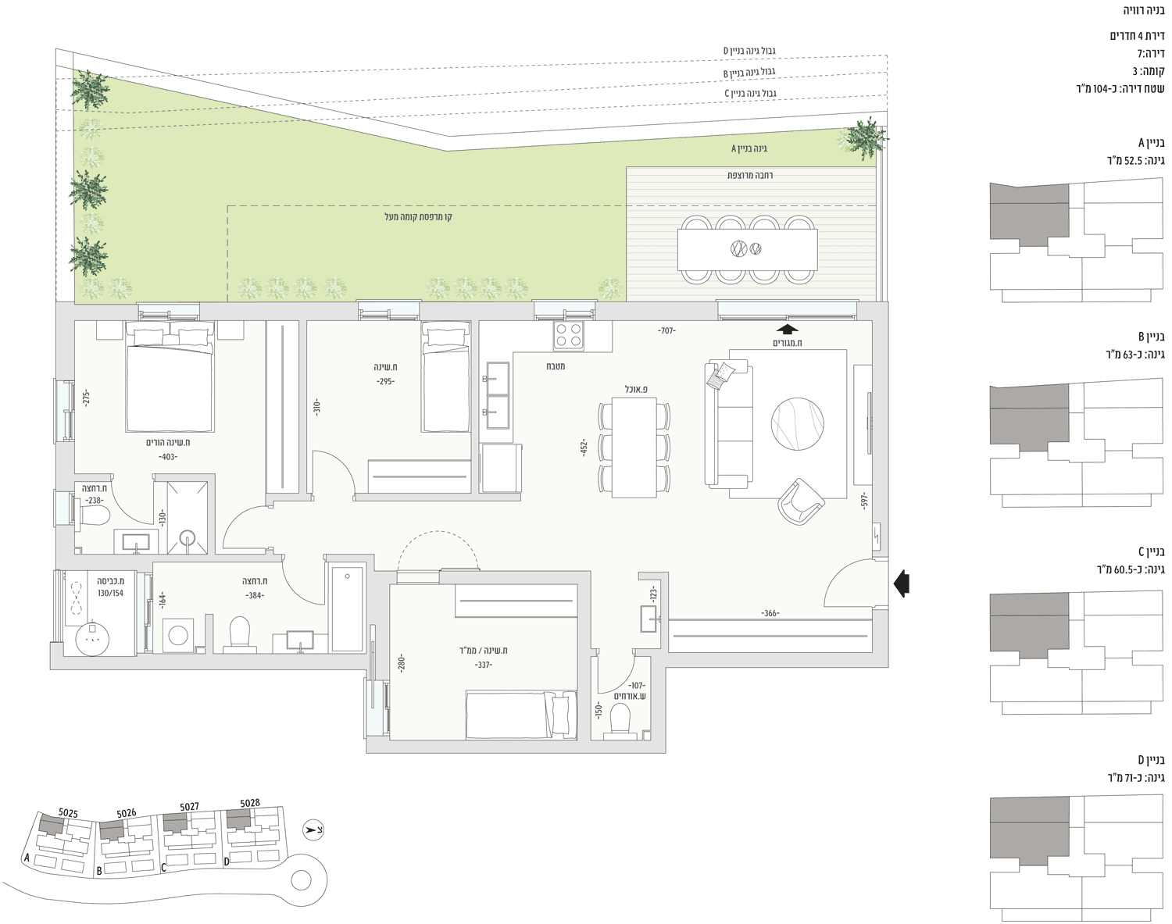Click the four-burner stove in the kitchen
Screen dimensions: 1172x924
pyautogui.click(x=569, y=335)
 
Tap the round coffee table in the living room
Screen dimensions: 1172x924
pyautogui.click(x=797, y=424)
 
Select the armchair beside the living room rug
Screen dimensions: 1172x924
pyautogui.click(x=801, y=501)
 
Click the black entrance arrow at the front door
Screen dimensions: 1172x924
pyautogui.click(x=902, y=583)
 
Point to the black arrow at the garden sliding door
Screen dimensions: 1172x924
pyautogui.click(x=787, y=329)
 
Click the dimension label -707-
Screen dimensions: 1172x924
pyautogui.click(x=666, y=330)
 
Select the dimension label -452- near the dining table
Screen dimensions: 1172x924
pyautogui.click(x=584, y=448)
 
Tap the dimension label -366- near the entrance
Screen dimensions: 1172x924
pyautogui.click(x=770, y=613)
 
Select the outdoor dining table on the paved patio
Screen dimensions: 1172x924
pyautogui.click(x=747, y=249)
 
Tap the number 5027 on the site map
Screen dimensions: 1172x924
pyautogui.click(x=189, y=806)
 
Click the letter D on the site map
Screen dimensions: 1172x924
pyautogui.click(x=226, y=862)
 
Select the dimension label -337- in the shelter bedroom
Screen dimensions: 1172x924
pyautogui.click(x=483, y=665)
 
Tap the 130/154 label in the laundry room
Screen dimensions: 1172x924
pyautogui.click(x=110, y=594)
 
